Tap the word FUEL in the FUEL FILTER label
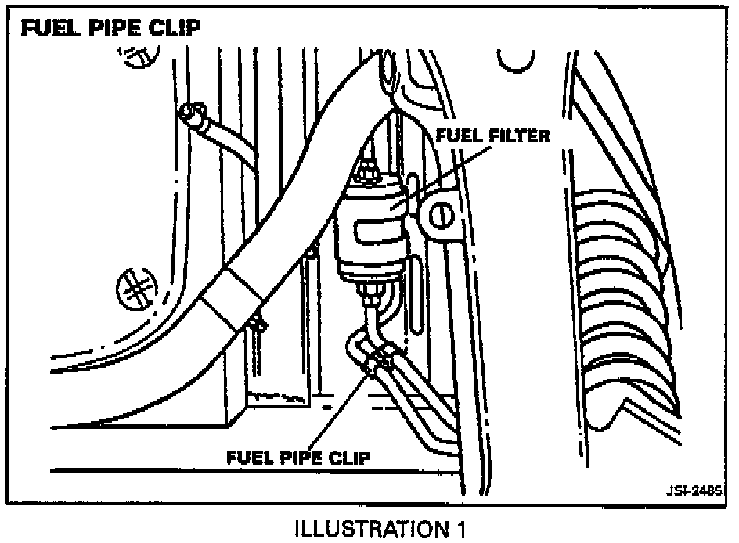454,135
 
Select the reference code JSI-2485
694,491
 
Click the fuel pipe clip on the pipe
379,361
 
